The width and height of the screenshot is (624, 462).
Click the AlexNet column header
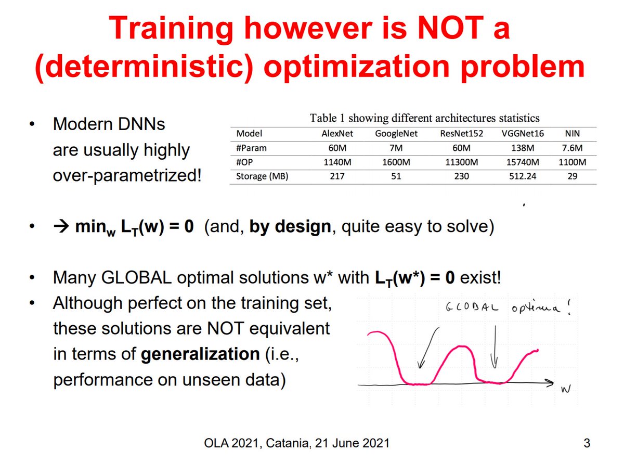338,133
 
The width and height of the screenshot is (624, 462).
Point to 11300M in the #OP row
461,162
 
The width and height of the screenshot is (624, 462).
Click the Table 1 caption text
424,118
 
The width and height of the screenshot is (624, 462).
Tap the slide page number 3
587,444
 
